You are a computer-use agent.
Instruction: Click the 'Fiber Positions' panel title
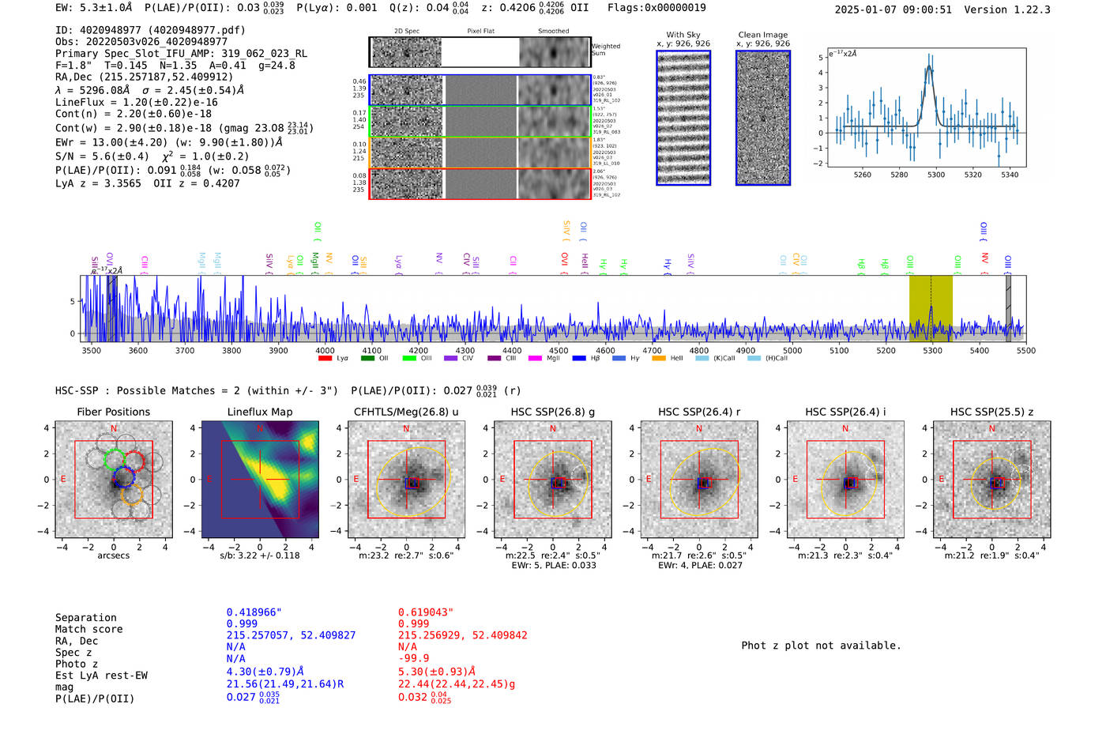113,412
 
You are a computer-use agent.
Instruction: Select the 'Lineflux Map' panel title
259,412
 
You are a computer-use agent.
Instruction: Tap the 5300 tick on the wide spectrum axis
932,350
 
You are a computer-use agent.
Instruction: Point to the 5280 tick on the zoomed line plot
899,175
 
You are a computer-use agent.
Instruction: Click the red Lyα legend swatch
325,359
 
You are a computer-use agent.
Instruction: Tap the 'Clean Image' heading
762,35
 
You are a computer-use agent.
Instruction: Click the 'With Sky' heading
683,35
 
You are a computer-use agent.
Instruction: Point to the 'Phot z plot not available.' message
821,646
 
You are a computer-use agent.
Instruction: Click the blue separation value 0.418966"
254,612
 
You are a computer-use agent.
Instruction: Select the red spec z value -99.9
413,658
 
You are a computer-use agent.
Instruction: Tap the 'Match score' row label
88,630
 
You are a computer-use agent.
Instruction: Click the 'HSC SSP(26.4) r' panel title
698,412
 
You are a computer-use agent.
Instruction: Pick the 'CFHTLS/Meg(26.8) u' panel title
406,412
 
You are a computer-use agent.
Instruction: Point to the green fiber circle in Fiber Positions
115,459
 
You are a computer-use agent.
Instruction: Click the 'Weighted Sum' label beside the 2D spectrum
605,50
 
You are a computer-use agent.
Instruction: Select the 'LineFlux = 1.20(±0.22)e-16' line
136,102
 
